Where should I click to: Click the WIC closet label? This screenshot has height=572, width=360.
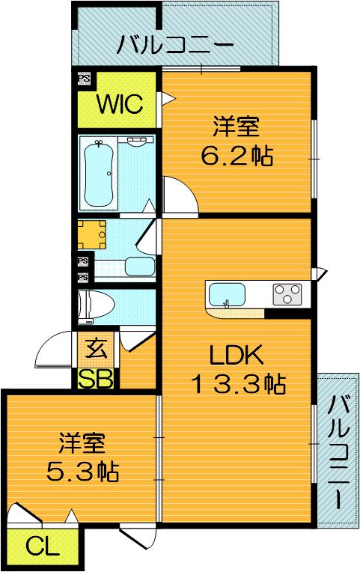coord(119,104)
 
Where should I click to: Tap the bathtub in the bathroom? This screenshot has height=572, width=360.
coord(99,174)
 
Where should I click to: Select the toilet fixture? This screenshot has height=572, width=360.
coord(96,305)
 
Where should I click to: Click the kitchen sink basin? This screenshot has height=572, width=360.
coord(226,295)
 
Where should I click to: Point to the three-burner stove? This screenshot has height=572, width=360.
coord(287,294)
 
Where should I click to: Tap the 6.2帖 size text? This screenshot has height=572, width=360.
coord(237,156)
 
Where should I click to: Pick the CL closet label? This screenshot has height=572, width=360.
coord(43,546)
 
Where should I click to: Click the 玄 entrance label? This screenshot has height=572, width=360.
coord(96,349)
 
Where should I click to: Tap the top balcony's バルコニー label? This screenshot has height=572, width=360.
coord(175,45)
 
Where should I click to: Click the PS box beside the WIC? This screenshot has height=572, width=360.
coord(85,79)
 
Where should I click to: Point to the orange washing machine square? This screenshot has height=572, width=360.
coord(91,234)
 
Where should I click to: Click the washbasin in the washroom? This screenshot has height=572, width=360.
coord(140,267)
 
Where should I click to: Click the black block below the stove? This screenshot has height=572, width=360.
coord(287,314)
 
